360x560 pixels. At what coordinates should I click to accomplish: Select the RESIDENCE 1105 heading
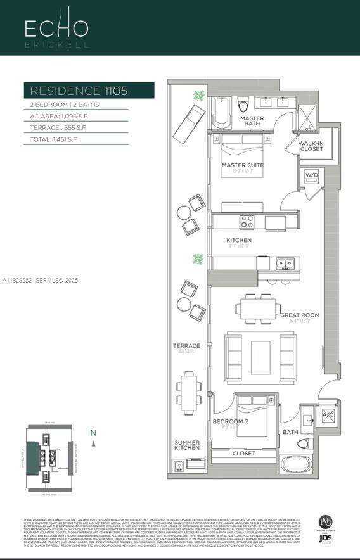click(79, 91)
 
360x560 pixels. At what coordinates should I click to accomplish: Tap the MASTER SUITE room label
click(242, 165)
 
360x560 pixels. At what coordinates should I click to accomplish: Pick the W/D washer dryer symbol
click(311, 175)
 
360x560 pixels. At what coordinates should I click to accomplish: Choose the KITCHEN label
click(239, 240)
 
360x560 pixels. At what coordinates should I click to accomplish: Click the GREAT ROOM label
click(300, 315)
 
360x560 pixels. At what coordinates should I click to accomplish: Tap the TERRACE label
click(186, 346)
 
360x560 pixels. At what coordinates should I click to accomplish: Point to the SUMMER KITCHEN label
click(187, 446)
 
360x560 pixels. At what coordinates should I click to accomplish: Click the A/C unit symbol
click(328, 415)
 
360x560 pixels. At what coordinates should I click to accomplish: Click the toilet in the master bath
click(241, 105)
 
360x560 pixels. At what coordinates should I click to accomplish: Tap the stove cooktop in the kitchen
click(247, 222)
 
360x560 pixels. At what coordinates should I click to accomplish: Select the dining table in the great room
click(259, 309)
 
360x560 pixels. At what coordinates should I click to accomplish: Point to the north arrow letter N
click(93, 433)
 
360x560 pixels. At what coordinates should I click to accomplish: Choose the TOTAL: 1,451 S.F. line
click(54, 139)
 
